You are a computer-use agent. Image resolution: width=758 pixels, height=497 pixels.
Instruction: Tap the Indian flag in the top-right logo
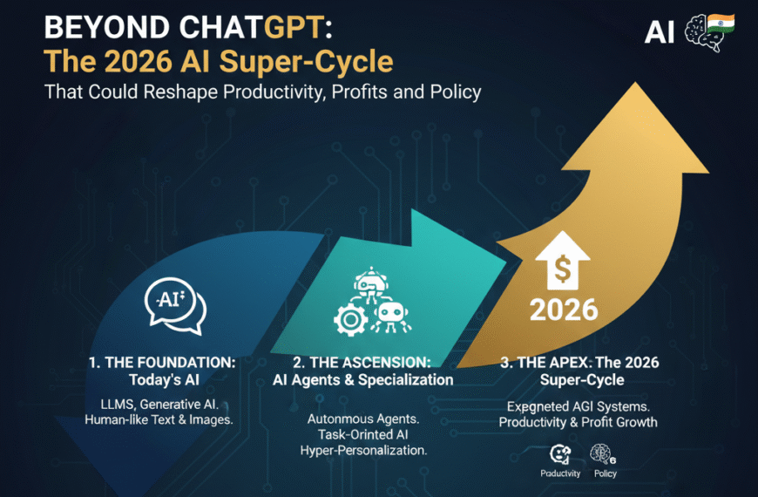pyautogui.click(x=721, y=23)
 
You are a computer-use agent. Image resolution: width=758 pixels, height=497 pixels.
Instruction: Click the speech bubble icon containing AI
pyautogui.click(x=175, y=305)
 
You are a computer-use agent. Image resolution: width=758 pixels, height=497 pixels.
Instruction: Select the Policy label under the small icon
pyautogui.click(x=605, y=473)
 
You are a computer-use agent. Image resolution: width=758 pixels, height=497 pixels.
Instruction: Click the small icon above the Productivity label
pyautogui.click(x=560, y=453)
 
